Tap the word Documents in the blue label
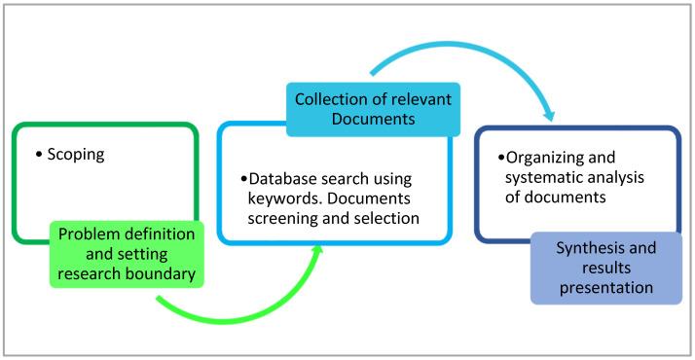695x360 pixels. coord(371,119)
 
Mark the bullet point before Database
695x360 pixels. coord(243,180)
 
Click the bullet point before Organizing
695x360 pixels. coord(500,158)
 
